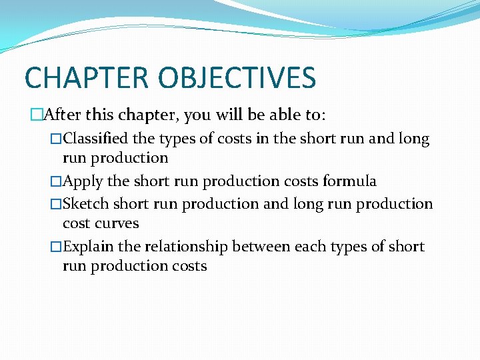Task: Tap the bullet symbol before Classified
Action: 56,139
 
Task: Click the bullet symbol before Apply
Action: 56,181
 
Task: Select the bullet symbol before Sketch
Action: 56,204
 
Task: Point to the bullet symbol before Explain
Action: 56,247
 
